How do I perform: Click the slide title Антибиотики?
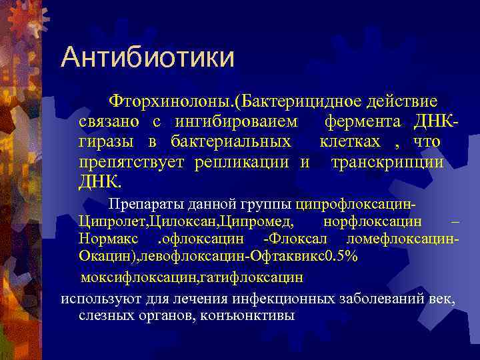(x=147, y=58)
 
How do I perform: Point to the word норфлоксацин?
(x=371, y=221)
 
